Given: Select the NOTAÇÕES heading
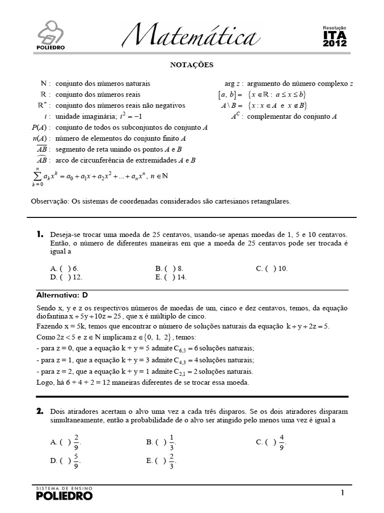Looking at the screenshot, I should tap(192, 65).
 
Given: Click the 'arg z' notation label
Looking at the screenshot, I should tap(233, 84).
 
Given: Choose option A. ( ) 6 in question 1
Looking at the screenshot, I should tap(64, 269).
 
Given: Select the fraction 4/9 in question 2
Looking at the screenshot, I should tap(282, 442).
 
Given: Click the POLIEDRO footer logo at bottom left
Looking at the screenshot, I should tap(64, 494).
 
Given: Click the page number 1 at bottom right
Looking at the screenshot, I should tap(342, 493).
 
